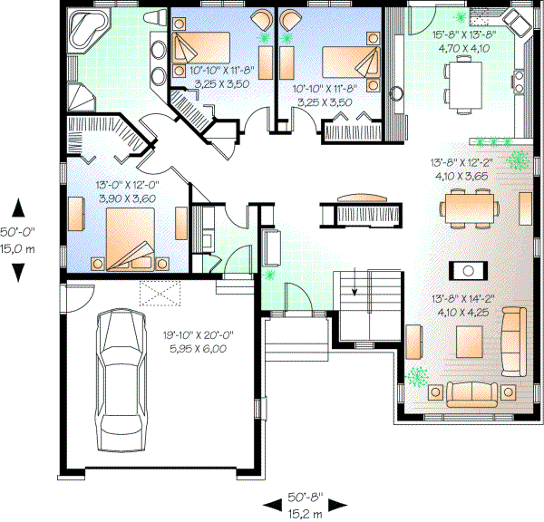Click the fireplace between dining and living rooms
click(469, 269)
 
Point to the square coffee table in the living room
click(470, 343)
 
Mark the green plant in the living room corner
click(417, 376)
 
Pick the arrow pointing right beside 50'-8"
click(342, 504)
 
